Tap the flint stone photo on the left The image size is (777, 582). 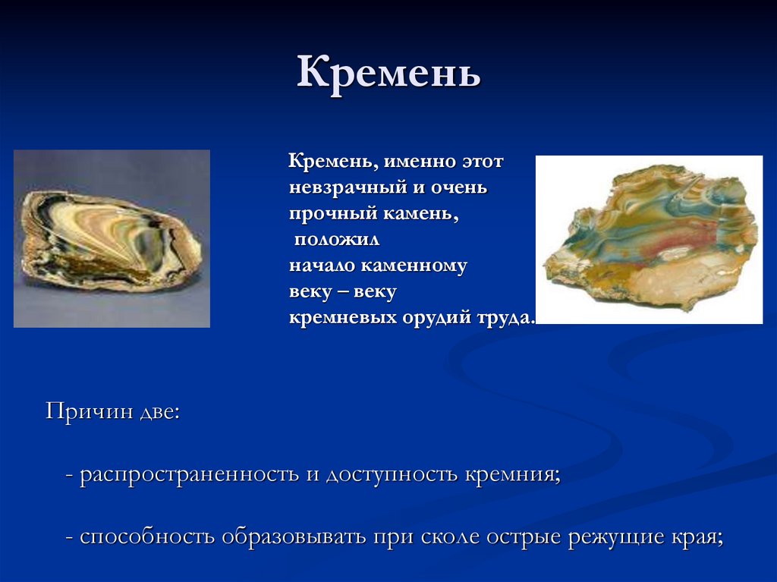point(112,238)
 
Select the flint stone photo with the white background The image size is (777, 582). point(649,239)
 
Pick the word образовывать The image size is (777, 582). point(294,538)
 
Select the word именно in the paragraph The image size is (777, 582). point(414,162)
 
